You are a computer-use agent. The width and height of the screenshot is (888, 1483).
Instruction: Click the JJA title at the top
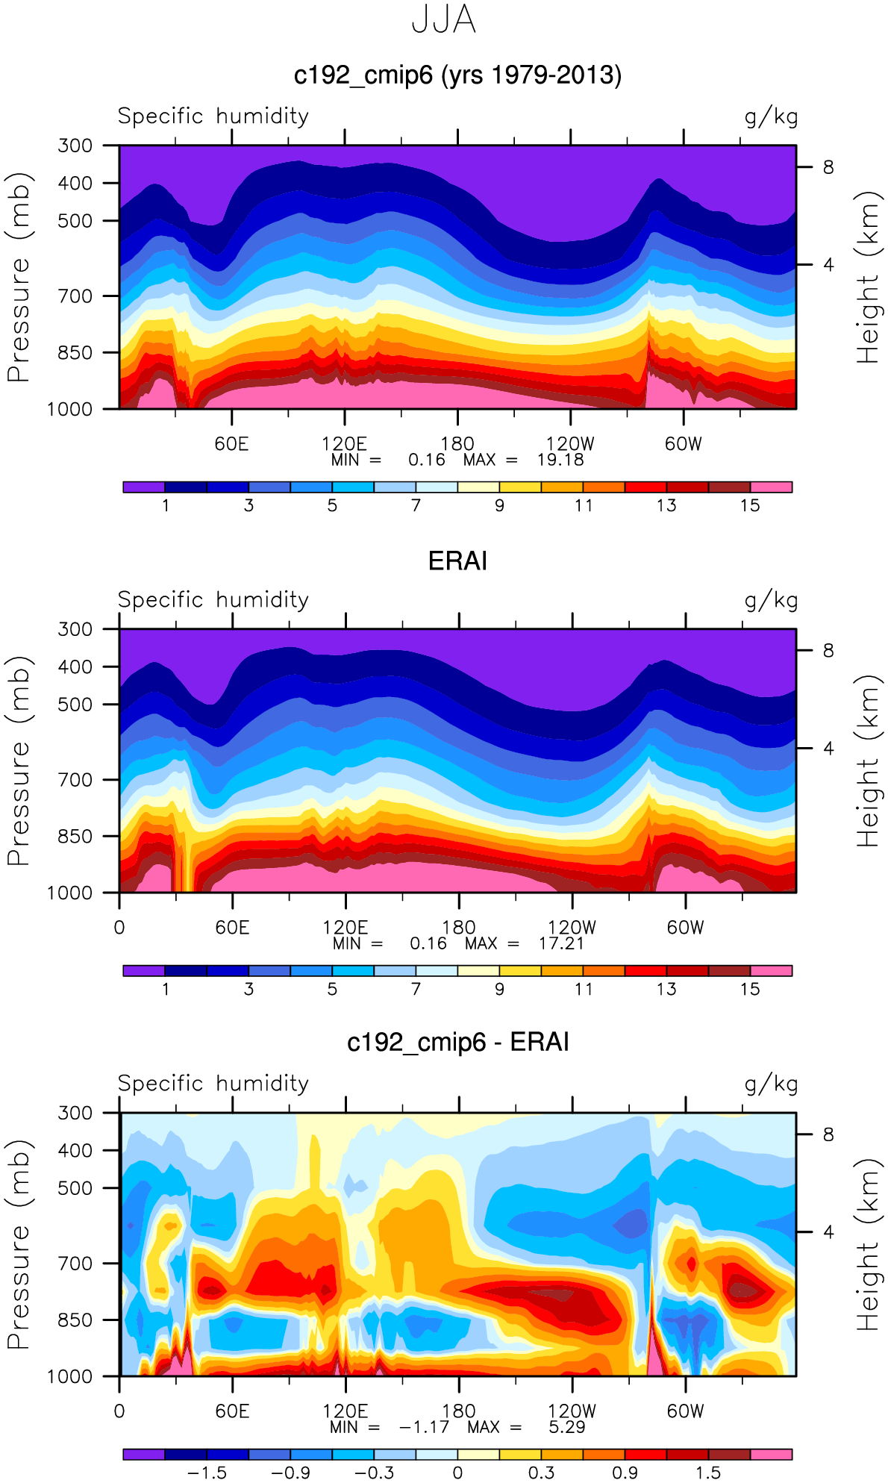click(x=443, y=20)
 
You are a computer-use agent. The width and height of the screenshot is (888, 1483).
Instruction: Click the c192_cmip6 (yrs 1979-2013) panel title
click(x=457, y=75)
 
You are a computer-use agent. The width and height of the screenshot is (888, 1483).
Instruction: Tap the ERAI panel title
click(x=457, y=561)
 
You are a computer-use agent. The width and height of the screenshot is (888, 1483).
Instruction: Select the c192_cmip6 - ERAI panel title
click(x=457, y=1042)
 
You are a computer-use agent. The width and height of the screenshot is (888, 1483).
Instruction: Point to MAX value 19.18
click(x=560, y=460)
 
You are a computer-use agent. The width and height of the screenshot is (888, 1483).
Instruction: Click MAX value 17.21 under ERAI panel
click(x=561, y=943)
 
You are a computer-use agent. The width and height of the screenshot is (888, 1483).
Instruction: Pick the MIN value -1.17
click(x=424, y=1427)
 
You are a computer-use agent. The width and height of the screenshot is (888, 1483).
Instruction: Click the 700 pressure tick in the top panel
click(x=75, y=296)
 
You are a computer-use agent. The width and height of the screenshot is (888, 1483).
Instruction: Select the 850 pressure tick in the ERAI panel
click(x=75, y=836)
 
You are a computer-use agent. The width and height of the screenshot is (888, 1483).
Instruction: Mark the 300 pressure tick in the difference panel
click(x=75, y=1113)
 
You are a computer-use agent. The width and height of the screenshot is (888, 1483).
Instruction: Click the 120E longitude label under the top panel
click(x=344, y=443)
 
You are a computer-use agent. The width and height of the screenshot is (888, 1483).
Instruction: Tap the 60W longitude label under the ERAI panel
click(x=685, y=927)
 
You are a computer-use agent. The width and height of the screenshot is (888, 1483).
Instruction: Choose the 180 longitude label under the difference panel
click(x=458, y=1411)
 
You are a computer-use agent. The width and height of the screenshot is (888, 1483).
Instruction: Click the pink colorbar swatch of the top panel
click(x=771, y=487)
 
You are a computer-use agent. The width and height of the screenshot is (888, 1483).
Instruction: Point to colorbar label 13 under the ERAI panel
click(x=666, y=989)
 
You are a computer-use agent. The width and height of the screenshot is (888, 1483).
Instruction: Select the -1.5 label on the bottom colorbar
click(x=207, y=1473)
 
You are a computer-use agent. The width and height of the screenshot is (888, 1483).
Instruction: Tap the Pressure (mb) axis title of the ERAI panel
click(x=18, y=761)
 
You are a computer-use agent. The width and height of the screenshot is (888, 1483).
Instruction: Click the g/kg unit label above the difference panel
click(x=771, y=1084)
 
